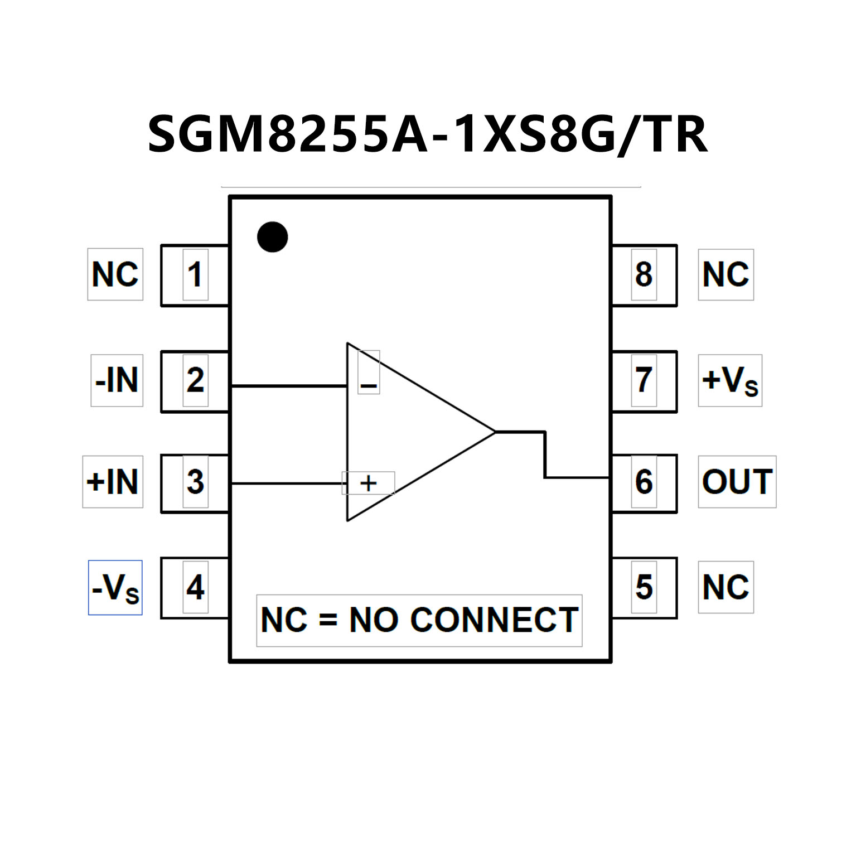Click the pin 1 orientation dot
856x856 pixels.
coord(272,237)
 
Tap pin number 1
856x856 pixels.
coord(195,274)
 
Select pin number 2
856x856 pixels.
coord(195,380)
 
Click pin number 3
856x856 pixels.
coord(195,482)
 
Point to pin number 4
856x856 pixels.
coord(195,587)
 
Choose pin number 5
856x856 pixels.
coord(644,587)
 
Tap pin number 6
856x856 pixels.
coord(644,482)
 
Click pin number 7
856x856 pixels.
coord(644,380)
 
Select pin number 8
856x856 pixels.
coord(644,274)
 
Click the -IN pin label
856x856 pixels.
coord(117,380)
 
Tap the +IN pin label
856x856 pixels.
coord(113,482)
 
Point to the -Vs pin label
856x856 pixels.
coord(115,588)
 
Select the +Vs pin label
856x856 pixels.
coord(730,380)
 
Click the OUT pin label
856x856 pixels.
coord(737,482)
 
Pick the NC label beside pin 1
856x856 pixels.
coord(115,274)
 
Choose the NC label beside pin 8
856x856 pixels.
coord(726,274)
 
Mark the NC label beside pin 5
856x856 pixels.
coord(726,587)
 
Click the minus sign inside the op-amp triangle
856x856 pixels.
coord(369,385)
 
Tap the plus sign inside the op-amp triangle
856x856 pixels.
coord(368,483)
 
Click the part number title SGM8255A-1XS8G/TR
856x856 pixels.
coord(428,134)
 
